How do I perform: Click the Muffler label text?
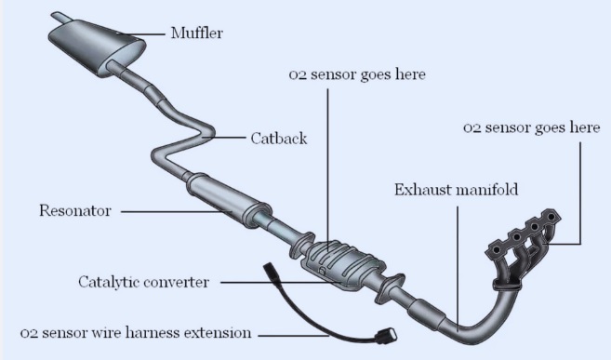pyautogui.click(x=196, y=34)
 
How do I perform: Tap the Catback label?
pyautogui.click(x=278, y=139)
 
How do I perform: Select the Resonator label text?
pyautogui.click(x=74, y=211)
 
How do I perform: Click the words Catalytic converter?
pyautogui.click(x=143, y=281)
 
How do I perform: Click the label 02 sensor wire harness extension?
pyautogui.click(x=136, y=332)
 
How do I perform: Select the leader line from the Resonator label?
pyautogui.click(x=177, y=211)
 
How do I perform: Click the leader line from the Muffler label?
pyautogui.click(x=144, y=35)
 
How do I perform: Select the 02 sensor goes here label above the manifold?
pyautogui.click(x=531, y=128)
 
